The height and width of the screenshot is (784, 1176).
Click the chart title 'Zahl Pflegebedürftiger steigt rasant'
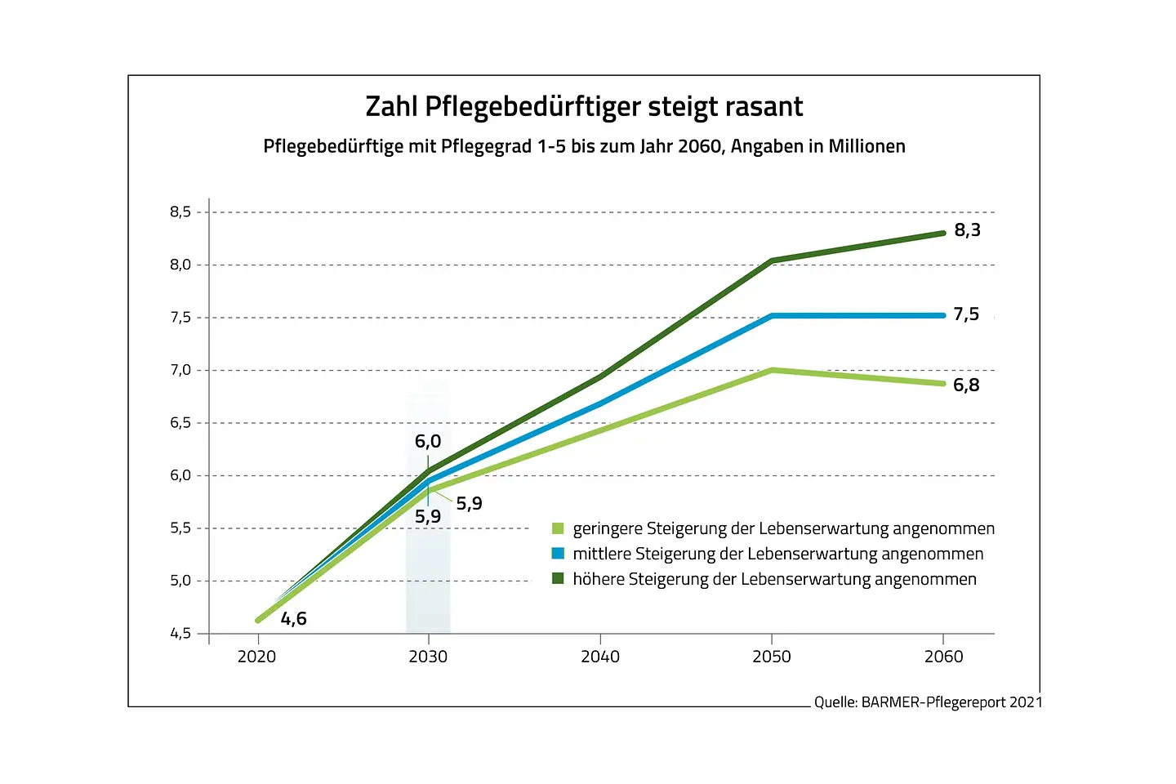584,107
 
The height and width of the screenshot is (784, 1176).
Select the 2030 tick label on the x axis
428,657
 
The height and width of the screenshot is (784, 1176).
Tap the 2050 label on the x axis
772,657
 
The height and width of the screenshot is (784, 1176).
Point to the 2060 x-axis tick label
943,657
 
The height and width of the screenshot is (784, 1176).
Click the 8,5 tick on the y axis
180,212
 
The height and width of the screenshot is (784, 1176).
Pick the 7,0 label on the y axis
180,370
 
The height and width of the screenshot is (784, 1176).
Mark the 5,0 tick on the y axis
180,581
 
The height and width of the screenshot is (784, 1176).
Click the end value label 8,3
967,230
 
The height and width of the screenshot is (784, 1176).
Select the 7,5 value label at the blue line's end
966,314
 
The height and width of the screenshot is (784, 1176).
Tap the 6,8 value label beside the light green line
966,385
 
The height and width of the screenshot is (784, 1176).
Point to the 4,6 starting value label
294,619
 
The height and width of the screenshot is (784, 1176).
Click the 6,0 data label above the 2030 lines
428,442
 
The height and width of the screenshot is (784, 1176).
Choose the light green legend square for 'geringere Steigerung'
558,528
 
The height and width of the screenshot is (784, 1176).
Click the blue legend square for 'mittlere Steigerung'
558,554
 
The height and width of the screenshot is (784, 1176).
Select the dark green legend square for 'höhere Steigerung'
558,579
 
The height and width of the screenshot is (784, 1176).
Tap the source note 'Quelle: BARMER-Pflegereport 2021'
928,702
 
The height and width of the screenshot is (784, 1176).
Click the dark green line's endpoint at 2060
943,233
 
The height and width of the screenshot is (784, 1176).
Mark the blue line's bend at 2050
772,315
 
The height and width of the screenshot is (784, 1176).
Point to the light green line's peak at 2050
772,370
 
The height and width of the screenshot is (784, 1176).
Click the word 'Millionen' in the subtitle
866,147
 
